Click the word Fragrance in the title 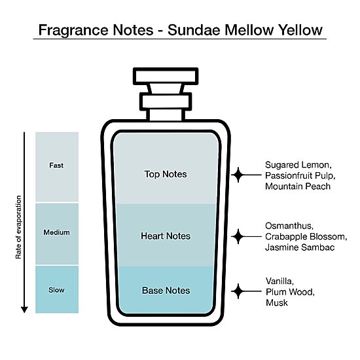pos(73,31)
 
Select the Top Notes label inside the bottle pos(166,174)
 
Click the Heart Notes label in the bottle pos(166,236)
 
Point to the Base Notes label pos(166,291)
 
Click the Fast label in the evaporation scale pos(56,166)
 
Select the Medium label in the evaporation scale pos(56,232)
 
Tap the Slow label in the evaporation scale pos(56,290)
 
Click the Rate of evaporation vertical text pos(18,227)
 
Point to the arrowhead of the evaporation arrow pos(24,310)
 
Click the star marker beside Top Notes pos(238,175)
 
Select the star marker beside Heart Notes pos(238,236)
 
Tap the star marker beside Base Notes pos(238,291)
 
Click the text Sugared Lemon pos(298,165)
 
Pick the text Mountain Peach pos(298,186)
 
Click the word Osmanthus pos(289,226)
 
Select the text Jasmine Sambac pos(300,247)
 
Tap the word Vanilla pos(279,281)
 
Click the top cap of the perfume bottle pos(166,76)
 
